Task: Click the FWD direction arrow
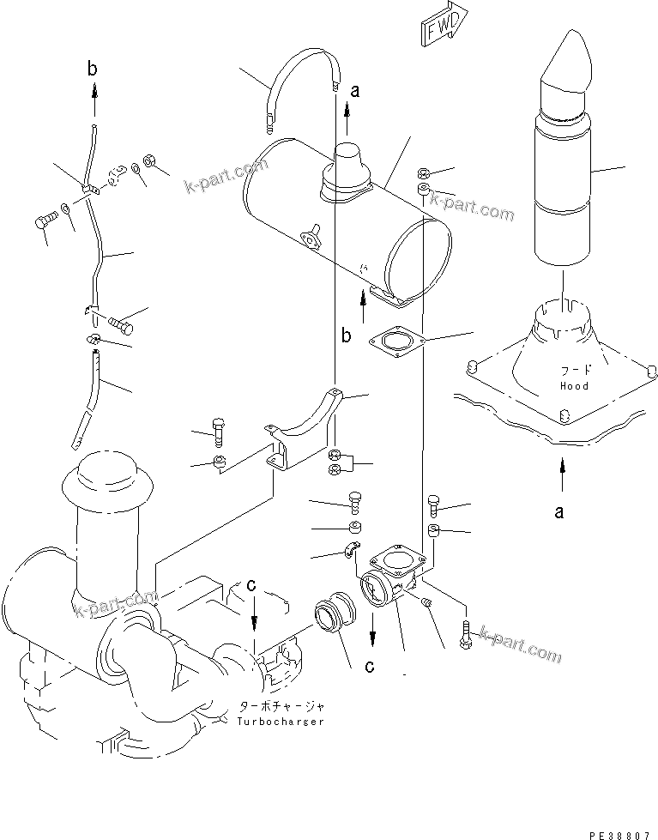click(444, 21)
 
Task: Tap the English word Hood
click(574, 386)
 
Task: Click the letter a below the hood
click(559, 512)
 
